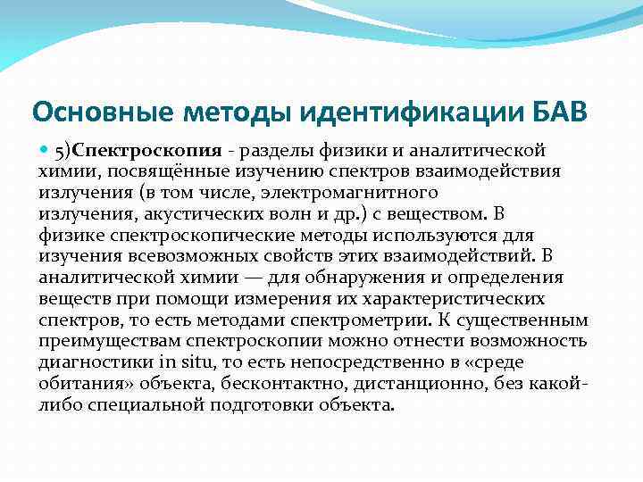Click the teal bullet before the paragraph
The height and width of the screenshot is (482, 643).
[45, 149]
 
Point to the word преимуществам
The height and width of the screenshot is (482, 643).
[105, 341]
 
